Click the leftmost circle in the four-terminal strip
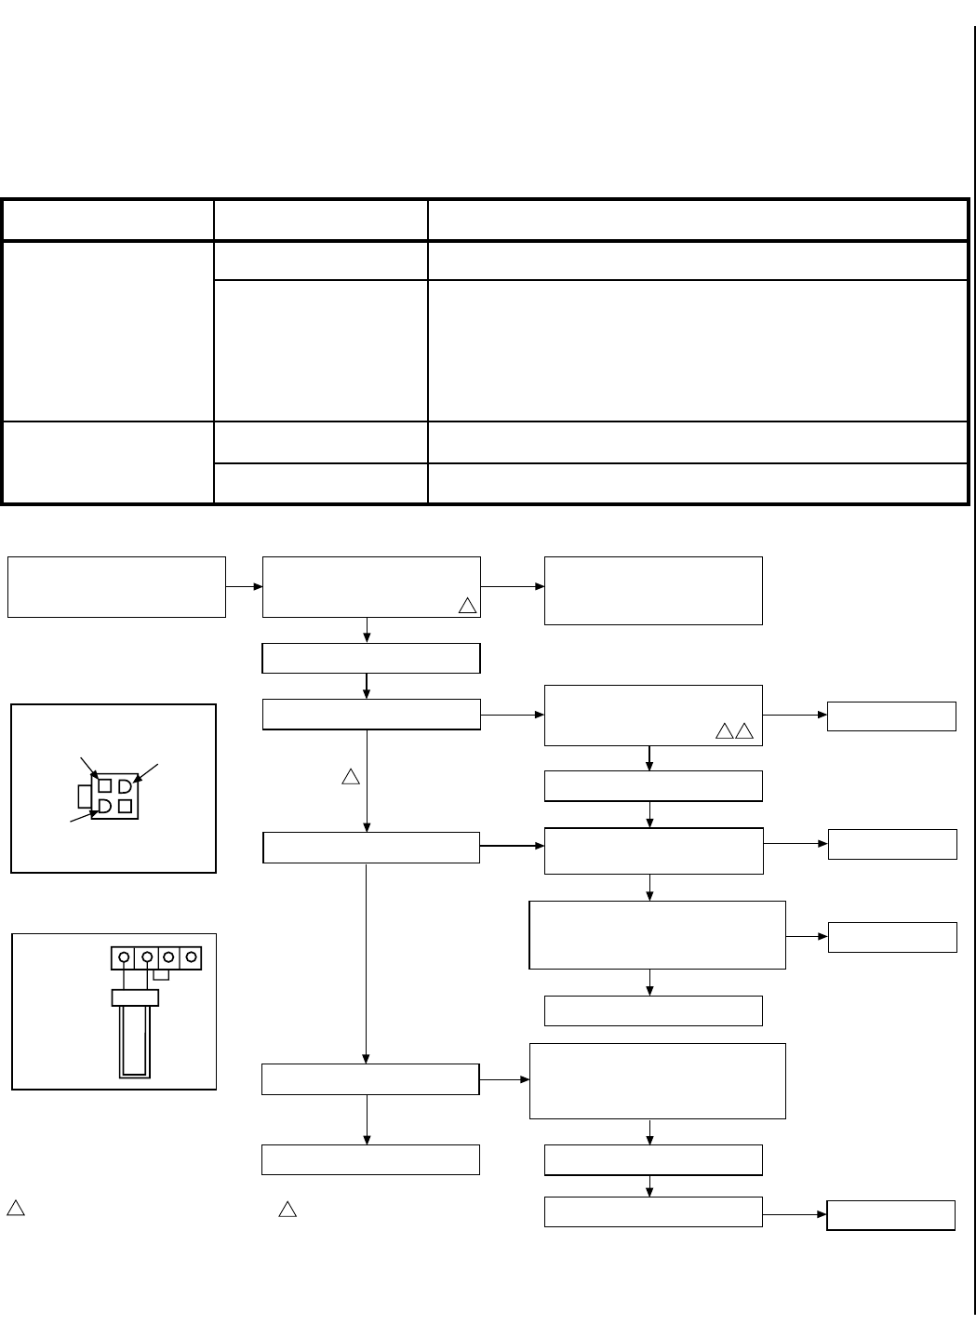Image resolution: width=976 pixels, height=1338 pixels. point(123,957)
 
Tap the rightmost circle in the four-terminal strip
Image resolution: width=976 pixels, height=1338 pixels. point(191,957)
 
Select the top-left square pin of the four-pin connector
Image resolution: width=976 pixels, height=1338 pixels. point(105,786)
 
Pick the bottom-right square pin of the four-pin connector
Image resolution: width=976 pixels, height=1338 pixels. point(125,806)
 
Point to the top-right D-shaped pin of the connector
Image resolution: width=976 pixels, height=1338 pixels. point(125,786)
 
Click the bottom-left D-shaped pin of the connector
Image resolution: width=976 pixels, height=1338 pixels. point(105,806)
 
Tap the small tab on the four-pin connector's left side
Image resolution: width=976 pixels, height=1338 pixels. point(85,796)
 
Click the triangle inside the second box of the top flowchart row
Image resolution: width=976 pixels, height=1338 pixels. point(467,606)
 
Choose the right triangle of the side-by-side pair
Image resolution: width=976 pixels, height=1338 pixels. point(743,732)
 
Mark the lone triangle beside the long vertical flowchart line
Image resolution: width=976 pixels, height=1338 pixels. point(351,776)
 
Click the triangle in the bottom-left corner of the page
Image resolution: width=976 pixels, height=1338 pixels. point(16,1209)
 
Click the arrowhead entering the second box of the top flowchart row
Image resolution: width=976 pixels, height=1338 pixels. point(258,587)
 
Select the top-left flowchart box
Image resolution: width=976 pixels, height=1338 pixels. point(116,587)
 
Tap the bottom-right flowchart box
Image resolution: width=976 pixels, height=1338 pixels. point(890,1215)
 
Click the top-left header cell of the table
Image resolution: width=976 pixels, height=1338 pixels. point(108,220)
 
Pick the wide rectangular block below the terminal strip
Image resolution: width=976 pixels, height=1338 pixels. point(135,997)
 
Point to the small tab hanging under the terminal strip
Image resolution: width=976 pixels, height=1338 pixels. point(161,974)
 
